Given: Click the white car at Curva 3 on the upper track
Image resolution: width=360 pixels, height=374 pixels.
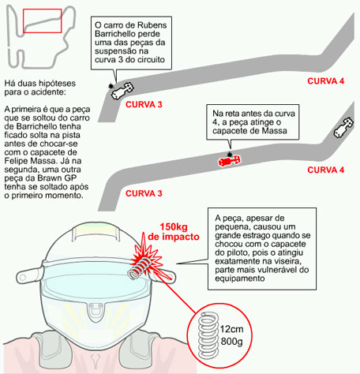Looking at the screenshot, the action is pyautogui.click(x=122, y=91).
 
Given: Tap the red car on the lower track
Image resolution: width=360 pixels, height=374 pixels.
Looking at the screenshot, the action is pyautogui.click(x=230, y=161).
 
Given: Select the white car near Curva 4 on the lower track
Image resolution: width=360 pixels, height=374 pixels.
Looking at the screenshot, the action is pyautogui.click(x=343, y=127).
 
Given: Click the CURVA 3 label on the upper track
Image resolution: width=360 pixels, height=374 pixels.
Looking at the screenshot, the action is pyautogui.click(x=144, y=105).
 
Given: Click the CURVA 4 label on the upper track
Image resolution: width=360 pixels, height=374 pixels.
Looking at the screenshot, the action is pyautogui.click(x=326, y=81).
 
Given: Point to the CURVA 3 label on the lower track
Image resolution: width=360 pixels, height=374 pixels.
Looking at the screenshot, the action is pyautogui.click(x=144, y=193).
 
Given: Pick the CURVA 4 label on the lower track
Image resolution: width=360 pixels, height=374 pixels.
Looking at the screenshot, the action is pyautogui.click(x=326, y=170).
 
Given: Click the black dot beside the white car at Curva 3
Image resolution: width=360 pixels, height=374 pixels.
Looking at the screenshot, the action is pyautogui.click(x=111, y=86).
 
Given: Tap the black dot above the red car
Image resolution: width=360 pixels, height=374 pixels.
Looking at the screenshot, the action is pyautogui.click(x=230, y=154).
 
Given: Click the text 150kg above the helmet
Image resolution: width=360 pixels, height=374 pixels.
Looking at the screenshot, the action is pyautogui.click(x=174, y=226).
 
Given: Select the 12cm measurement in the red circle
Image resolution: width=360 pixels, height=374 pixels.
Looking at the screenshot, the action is pyautogui.click(x=231, y=329).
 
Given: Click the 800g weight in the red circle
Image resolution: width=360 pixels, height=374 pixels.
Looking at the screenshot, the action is pyautogui.click(x=231, y=342).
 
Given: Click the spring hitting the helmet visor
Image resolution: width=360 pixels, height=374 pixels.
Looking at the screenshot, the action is pyautogui.click(x=139, y=267).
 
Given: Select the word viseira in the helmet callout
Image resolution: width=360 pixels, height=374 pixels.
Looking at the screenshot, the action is pyautogui.click(x=287, y=261).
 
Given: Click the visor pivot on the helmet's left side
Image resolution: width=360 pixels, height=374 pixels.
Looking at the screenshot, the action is pyautogui.click(x=23, y=277).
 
